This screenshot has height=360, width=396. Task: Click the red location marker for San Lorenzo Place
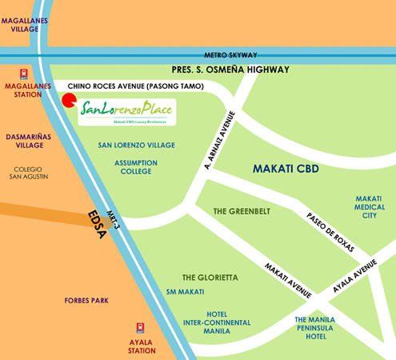coord(69,101)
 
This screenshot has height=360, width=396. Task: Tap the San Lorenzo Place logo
coord(128,111)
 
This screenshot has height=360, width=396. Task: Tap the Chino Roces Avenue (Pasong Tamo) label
coord(136,86)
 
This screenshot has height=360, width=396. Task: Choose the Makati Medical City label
coord(369,206)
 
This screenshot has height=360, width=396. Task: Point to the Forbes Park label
coord(86,301)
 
